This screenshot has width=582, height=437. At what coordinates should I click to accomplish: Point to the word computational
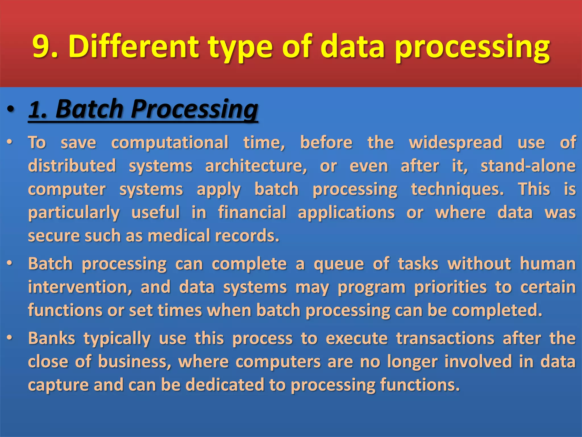pyautogui.click(x=170, y=142)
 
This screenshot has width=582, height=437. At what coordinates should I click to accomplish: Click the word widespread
pyautogui.click(x=455, y=142)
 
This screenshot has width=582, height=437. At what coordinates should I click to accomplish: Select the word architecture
pyautogui.click(x=256, y=166)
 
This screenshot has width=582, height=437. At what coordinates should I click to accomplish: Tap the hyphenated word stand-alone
pyautogui.click(x=528, y=166)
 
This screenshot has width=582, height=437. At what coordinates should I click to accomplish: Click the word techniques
pyautogui.click(x=457, y=189)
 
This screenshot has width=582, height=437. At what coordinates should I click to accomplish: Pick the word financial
pyautogui.click(x=252, y=213)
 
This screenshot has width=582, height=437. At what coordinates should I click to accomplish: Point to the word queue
pyautogui.click(x=339, y=264)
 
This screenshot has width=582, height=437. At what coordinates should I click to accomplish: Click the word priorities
pyautogui.click(x=450, y=287)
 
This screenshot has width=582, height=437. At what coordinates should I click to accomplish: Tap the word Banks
pyautogui.click(x=51, y=339)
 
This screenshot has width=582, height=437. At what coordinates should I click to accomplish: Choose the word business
pyautogui.click(x=135, y=362)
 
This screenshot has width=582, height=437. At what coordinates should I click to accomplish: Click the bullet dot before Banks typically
pyautogui.click(x=10, y=338)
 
